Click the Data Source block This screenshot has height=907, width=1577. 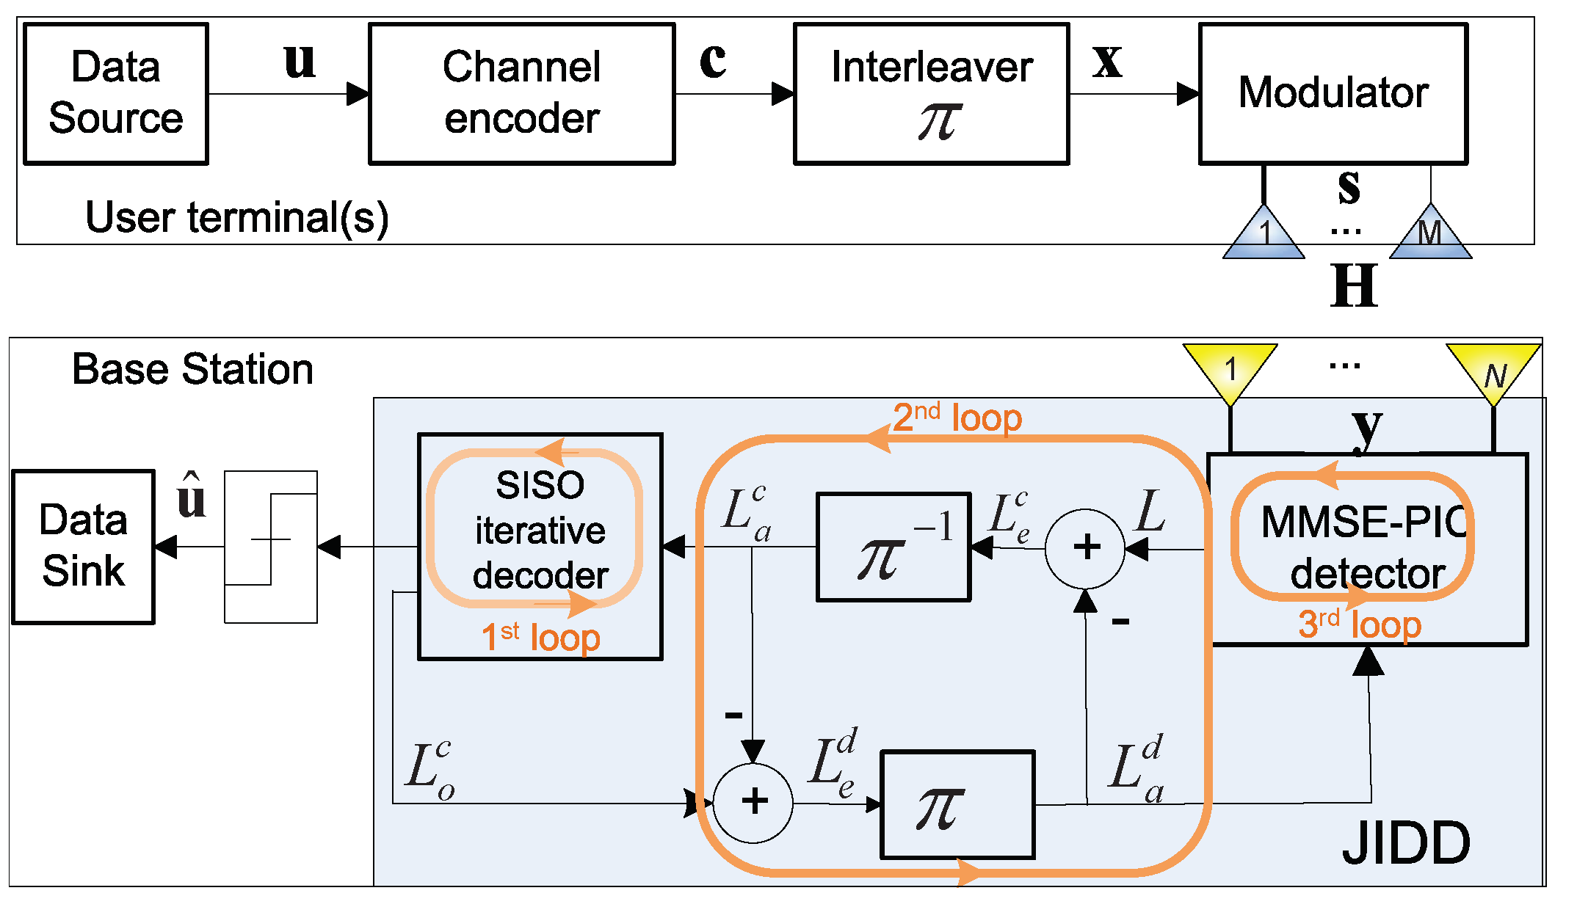coord(116,93)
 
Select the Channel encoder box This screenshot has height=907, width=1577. coord(521,93)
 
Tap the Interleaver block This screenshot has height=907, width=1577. coord(931,93)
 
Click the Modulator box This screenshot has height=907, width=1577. coord(1333,93)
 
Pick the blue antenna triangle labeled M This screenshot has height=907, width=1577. coord(1430,233)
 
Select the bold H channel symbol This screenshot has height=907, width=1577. coord(1354,286)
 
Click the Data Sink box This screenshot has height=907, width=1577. coord(83,547)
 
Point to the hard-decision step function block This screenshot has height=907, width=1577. coord(271,547)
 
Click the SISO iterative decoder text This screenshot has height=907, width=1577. coord(540,530)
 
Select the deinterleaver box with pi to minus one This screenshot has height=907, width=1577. coord(893,547)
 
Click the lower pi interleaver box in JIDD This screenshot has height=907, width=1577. coord(957,804)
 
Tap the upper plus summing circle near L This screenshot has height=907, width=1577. coord(1085,548)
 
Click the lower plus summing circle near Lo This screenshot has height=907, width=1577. coord(753,802)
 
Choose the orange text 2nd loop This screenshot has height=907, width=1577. coord(957,418)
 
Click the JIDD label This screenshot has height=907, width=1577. coord(1405,843)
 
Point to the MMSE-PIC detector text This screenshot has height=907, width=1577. coord(1364,547)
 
